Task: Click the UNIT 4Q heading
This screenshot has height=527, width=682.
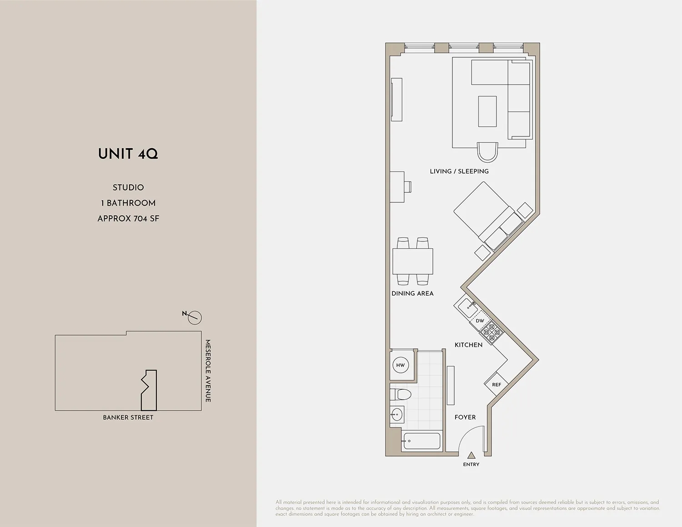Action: click(128, 154)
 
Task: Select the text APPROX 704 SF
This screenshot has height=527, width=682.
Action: click(128, 219)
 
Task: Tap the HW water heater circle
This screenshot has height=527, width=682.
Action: click(400, 365)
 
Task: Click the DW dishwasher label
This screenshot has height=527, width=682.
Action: click(480, 321)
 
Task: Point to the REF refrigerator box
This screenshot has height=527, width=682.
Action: click(496, 385)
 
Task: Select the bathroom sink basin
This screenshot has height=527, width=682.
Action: click(397, 415)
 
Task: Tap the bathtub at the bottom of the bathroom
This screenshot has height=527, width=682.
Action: click(422, 441)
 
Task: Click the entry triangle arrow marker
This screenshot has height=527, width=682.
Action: click(471, 455)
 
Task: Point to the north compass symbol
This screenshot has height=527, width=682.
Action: click(194, 317)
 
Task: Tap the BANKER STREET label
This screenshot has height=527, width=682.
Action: click(128, 417)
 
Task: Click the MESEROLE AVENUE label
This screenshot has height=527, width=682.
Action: click(208, 371)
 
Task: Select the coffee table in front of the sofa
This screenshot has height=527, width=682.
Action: click(487, 111)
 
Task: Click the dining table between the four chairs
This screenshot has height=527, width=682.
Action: click(412, 261)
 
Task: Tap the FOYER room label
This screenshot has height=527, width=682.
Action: click(465, 417)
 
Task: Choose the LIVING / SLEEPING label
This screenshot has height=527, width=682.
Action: click(459, 171)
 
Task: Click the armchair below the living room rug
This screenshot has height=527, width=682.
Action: click(487, 152)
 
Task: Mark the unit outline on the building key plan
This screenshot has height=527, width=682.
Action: click(150, 390)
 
